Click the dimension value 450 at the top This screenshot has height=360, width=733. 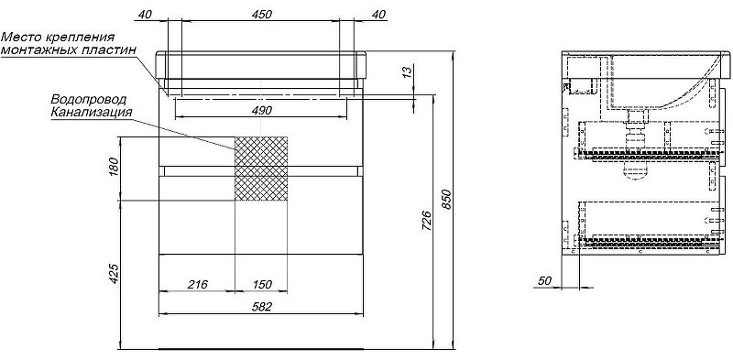coord(261,15)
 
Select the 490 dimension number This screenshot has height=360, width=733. coord(261,111)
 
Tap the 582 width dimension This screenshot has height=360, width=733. coord(262,306)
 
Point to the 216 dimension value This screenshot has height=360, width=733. coord(198,285)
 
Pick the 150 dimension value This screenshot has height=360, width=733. coord(262,285)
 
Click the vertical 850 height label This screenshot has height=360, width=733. coord(447,200)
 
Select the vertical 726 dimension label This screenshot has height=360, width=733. coord(427,221)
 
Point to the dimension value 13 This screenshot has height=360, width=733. coord(408,72)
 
